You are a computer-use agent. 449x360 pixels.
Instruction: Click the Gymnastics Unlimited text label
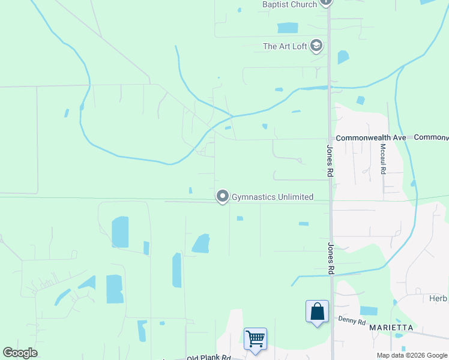tap(273, 197)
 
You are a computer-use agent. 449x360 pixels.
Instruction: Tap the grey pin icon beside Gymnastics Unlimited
tap(223, 196)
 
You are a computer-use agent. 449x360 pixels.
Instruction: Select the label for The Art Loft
tap(285, 46)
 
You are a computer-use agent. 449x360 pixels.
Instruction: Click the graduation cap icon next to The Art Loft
tap(316, 46)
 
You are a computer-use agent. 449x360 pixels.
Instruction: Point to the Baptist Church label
tap(289, 5)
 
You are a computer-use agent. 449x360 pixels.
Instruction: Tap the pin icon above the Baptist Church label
tap(326, 2)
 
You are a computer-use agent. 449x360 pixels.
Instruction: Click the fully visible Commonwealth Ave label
tap(371, 138)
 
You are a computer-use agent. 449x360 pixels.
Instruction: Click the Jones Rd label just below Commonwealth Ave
tap(330, 160)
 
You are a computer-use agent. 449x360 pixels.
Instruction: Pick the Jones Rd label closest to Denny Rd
tap(330, 259)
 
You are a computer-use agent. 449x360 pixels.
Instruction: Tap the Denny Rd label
tap(352, 322)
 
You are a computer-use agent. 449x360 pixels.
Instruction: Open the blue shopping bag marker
tap(317, 312)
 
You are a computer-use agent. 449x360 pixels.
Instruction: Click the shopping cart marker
tap(255, 339)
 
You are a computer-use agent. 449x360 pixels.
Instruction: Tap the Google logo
tap(20, 353)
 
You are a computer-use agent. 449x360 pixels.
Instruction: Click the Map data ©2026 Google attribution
tap(412, 355)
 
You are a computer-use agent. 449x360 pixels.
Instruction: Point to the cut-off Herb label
tap(439, 298)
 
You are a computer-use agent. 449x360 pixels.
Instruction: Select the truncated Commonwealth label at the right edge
tap(432, 138)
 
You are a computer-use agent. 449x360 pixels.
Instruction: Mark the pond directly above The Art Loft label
tap(288, 28)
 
